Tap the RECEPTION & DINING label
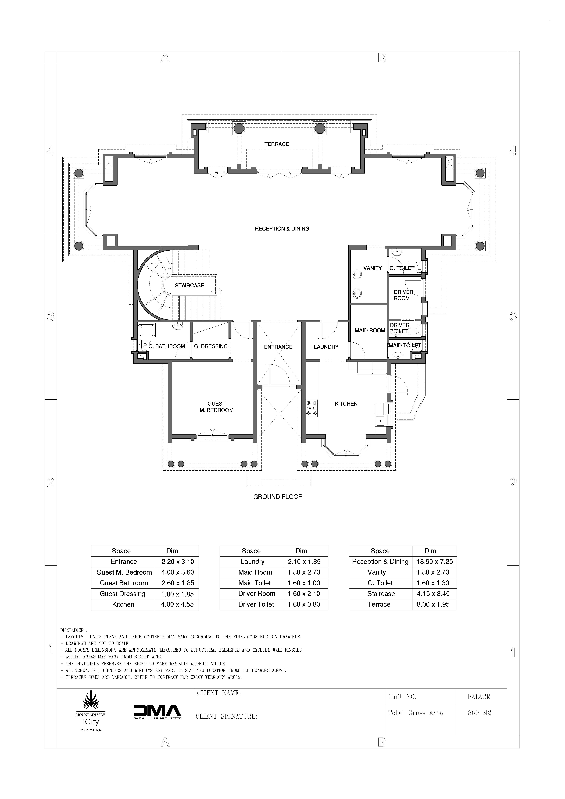(282, 229)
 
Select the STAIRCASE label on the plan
(189, 285)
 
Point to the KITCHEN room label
(346, 404)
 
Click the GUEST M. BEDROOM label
(217, 407)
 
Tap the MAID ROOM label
(370, 331)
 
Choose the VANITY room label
(372, 268)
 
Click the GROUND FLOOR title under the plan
(278, 497)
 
